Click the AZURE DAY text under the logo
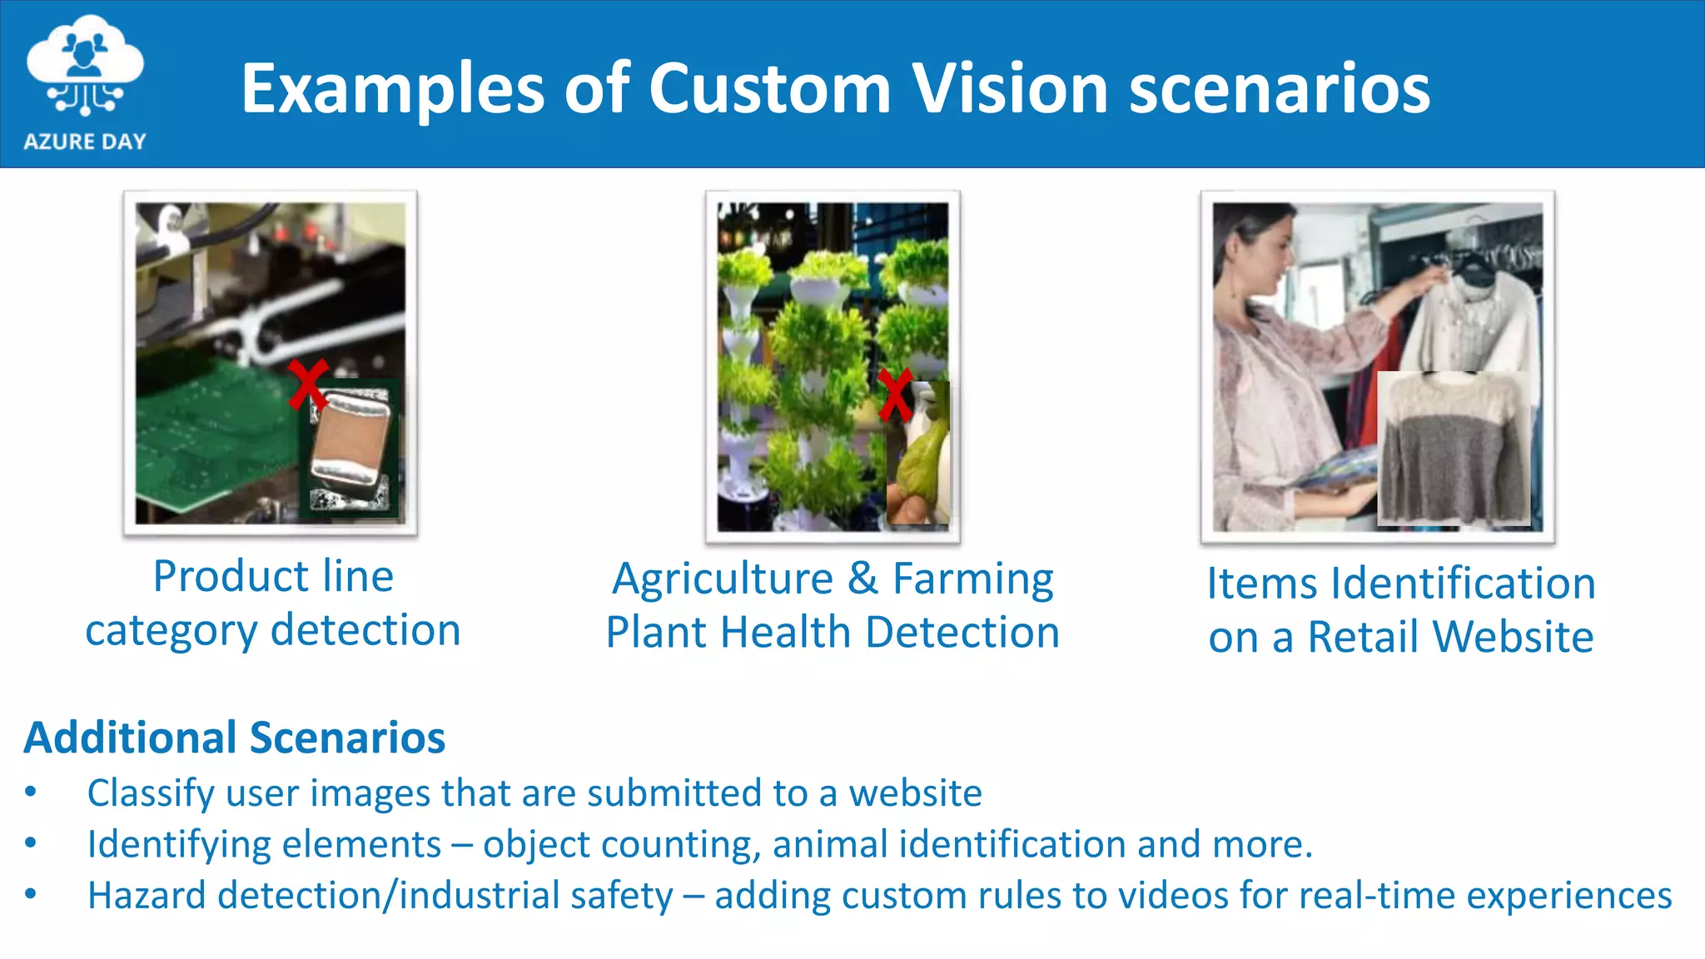(x=85, y=142)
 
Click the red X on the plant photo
(x=895, y=395)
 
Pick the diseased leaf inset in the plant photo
(x=919, y=454)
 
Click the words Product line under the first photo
(x=273, y=576)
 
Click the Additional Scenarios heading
(x=235, y=738)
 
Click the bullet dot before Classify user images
(x=31, y=792)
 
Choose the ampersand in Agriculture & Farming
(x=863, y=579)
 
